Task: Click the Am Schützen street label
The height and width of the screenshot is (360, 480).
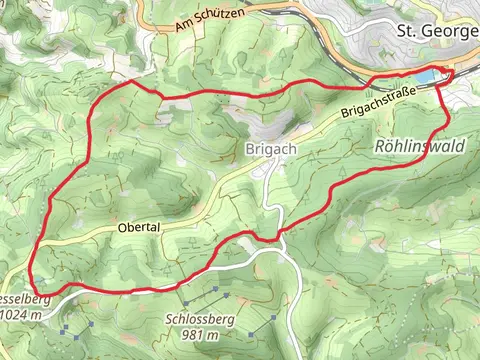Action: click(207, 17)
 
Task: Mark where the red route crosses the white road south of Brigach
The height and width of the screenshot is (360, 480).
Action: click(273, 237)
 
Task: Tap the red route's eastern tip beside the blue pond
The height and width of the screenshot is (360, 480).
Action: click(451, 72)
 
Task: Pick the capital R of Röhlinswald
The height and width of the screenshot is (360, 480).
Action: click(381, 147)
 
